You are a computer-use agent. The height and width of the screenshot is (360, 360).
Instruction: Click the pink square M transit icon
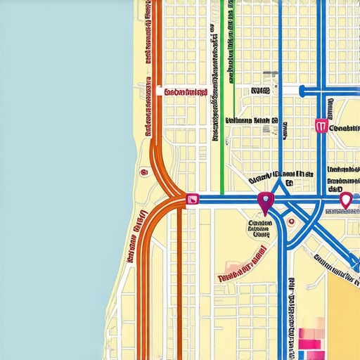pyautogui.click(x=322, y=126)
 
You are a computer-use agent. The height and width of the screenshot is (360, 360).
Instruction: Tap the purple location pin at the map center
pyautogui.click(x=264, y=202)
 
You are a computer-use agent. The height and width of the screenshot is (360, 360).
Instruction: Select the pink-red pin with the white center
pyautogui.click(x=345, y=201)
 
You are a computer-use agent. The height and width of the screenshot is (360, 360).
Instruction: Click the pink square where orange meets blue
pyautogui.click(x=191, y=200)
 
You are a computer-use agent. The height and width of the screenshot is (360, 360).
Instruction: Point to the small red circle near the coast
pyautogui.click(x=144, y=171)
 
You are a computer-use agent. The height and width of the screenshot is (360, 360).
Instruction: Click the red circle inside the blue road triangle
pyautogui.click(x=291, y=221)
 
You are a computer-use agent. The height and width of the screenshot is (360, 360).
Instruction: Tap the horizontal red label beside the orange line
pyautogui.click(x=184, y=91)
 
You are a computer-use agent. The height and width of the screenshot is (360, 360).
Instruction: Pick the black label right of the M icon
pyautogui.click(x=345, y=129)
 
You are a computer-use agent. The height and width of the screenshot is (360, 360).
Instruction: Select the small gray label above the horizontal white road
pyautogui.click(x=260, y=91)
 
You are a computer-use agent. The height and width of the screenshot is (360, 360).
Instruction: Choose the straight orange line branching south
pyautogui.click(x=179, y=281)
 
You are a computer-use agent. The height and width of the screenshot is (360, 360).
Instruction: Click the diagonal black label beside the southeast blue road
pyautogui.click(x=334, y=265)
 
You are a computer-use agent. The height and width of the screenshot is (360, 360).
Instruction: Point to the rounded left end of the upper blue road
pyautogui.click(x=302, y=91)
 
